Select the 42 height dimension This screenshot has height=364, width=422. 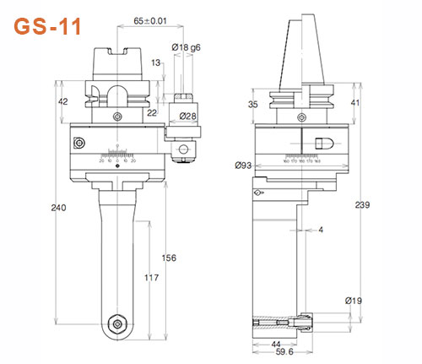pos(62,101)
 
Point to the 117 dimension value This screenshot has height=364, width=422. pos(149,278)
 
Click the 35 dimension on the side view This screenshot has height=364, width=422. pos(252,104)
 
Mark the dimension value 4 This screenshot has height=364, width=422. pos(321,230)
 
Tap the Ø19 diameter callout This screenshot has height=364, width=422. pos(354,300)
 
